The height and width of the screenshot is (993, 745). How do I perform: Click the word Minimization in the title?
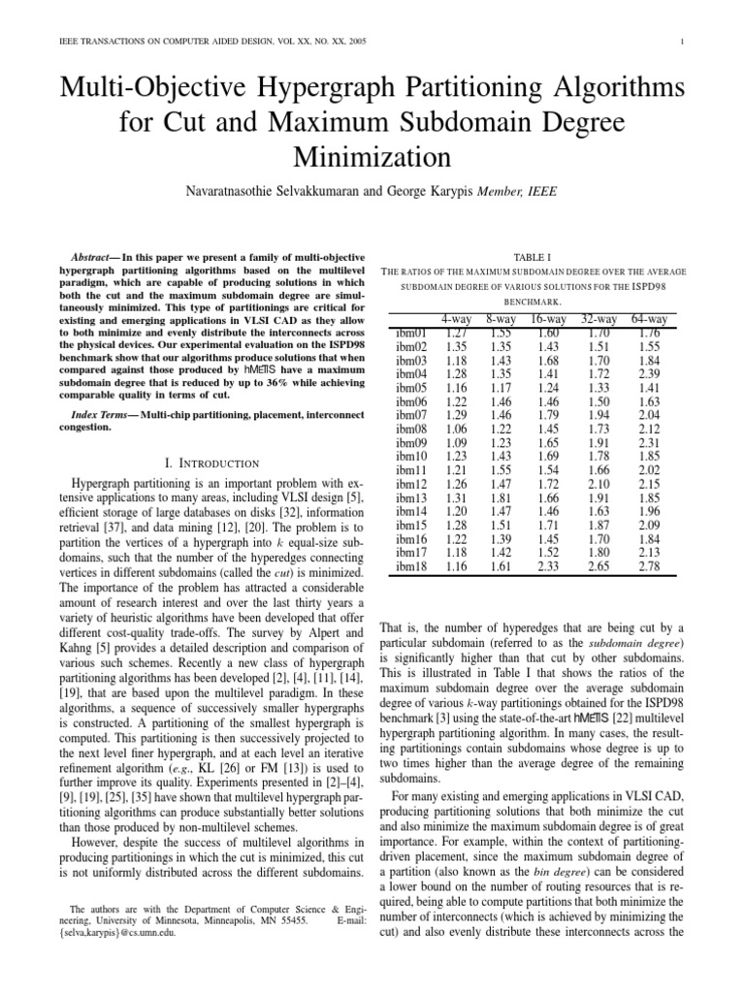coord(372,156)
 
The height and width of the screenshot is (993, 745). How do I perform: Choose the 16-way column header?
coord(548,319)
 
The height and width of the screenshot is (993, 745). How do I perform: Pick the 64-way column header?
coord(649,319)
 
